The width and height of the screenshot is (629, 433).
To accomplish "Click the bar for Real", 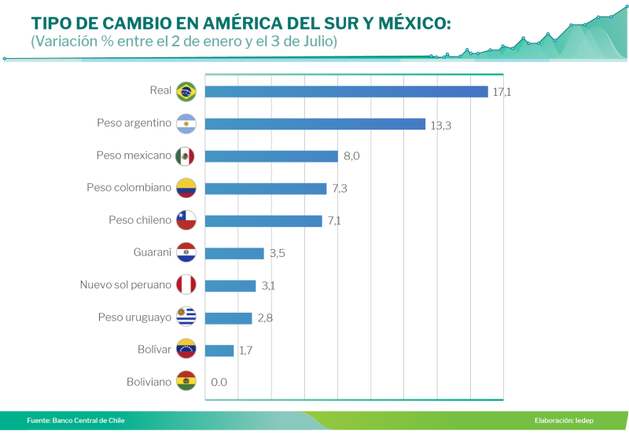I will coord(346,91).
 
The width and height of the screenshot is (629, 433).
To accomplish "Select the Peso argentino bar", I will coord(314,124).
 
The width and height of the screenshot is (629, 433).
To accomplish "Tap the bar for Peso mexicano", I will coord(272,156).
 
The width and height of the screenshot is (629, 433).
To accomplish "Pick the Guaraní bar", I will coord(234,253).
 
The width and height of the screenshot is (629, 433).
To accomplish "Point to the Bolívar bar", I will coord(219,350).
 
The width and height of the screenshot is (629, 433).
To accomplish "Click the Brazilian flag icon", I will coord(186,91).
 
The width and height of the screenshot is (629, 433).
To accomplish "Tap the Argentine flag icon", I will coord(186,123).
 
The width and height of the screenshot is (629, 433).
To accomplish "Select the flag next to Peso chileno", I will coord(186,221).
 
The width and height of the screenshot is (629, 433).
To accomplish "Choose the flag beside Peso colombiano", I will coord(186,189).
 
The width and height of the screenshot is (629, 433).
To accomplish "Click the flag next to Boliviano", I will coord(186,383).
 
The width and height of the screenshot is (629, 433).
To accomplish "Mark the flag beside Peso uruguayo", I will coord(186,317).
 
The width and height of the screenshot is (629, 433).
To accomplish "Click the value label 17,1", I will coord(502,92).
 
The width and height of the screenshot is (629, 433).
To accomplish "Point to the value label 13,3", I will coord(440,125).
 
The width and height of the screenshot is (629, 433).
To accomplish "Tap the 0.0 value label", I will coord(219,383).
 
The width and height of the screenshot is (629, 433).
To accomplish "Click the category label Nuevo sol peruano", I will coord(126,285).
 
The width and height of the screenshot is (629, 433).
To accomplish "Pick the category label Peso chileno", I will coord(140,221).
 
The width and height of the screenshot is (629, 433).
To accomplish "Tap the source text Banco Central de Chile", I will coord(88,420).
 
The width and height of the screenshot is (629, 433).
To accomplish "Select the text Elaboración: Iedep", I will coord(564,420).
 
